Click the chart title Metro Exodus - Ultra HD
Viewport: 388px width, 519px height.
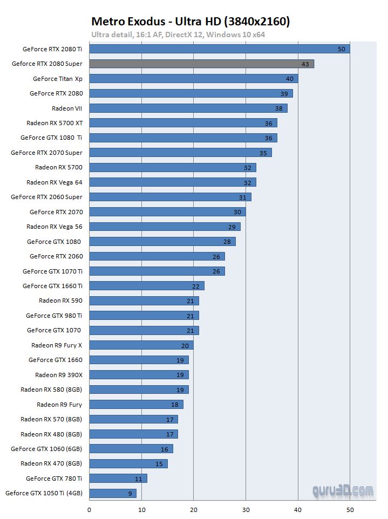(x=190, y=21)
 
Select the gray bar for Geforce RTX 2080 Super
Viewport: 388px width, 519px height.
(x=201, y=64)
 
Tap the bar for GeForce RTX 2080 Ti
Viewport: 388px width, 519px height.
(x=219, y=49)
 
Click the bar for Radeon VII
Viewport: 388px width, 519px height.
(x=188, y=108)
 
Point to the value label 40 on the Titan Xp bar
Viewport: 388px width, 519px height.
(x=290, y=79)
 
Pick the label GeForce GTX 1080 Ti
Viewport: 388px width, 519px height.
(x=51, y=138)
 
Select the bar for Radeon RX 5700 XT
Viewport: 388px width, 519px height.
(x=183, y=123)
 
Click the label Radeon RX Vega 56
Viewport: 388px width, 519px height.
(x=55, y=227)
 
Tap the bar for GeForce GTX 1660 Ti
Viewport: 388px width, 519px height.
(x=146, y=286)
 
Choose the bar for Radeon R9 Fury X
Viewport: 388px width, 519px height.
(x=141, y=345)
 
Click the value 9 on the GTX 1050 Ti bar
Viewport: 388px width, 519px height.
(x=130, y=493)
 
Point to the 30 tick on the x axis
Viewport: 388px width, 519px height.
(x=246, y=508)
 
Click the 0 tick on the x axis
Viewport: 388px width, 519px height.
(x=89, y=508)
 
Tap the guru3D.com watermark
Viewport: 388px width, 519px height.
(x=343, y=491)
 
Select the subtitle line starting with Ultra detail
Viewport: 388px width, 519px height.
(x=178, y=35)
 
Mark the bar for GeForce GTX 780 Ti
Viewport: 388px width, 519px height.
(x=118, y=478)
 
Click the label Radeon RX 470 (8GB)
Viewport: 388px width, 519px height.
(x=51, y=463)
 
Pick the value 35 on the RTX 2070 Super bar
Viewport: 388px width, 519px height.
(x=263, y=153)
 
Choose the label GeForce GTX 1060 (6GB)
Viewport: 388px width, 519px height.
(x=46, y=449)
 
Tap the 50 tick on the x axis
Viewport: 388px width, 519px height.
(x=350, y=508)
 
